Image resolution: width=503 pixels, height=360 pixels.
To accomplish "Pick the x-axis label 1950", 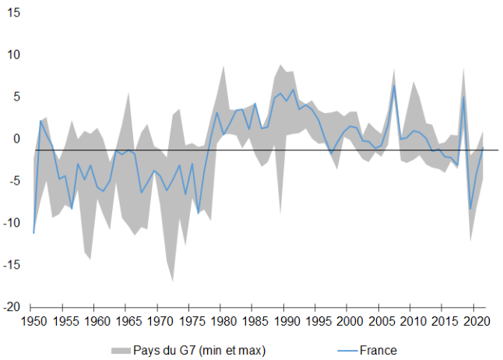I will point(33,321).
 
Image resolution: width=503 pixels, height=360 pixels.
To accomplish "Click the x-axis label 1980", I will point(223,321).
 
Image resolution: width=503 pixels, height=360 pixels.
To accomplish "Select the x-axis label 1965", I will point(128,321).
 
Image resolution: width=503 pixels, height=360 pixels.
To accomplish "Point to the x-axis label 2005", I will point(382,321).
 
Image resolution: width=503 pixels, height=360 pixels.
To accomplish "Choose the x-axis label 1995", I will point(318,321).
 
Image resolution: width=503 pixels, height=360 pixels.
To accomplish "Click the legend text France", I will point(378,350).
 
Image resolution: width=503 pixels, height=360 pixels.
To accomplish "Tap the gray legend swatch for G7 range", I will point(119,350).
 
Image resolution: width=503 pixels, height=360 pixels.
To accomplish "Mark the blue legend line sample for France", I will point(341,350).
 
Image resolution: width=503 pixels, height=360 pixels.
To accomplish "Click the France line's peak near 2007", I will point(394,85).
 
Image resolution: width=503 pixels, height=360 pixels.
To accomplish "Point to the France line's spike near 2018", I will point(464,97).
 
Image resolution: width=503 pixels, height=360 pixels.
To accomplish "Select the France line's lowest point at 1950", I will point(33,233).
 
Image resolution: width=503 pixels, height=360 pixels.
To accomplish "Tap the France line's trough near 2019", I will point(470,209).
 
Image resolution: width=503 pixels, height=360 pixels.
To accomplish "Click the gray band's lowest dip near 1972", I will point(173,281).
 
